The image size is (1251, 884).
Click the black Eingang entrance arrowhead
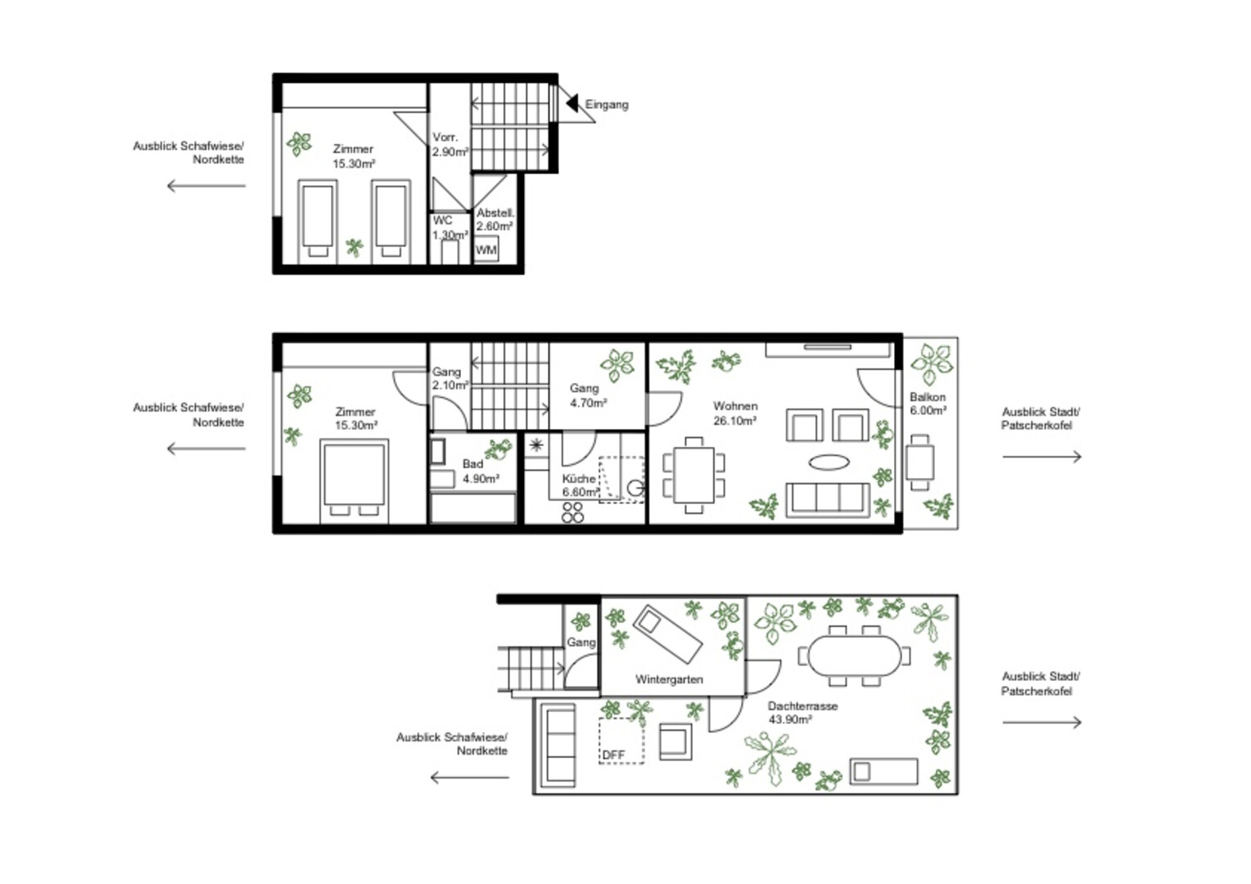click(x=572, y=103)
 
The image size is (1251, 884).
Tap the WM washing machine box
click(x=486, y=249)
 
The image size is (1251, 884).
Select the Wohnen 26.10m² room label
click(x=735, y=413)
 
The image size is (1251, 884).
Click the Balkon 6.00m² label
click(x=928, y=404)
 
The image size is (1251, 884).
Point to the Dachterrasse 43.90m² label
click(x=802, y=713)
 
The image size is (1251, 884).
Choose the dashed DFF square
click(x=621, y=741)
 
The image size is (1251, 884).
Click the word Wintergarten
click(x=669, y=679)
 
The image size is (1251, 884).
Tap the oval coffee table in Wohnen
click(x=829, y=462)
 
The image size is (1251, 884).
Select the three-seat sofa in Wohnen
click(x=828, y=500)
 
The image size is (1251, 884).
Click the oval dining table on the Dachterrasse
click(x=855, y=656)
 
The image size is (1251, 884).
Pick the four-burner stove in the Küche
click(x=572, y=512)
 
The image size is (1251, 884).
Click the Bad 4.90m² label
click(x=481, y=471)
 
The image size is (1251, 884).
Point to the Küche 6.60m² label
click(x=580, y=485)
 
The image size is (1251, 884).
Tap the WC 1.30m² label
click(x=449, y=228)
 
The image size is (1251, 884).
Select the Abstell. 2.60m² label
click(x=495, y=219)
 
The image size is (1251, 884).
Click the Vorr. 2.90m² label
click(x=450, y=144)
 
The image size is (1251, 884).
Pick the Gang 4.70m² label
click(x=588, y=395)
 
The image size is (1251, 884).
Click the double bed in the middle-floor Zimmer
click(x=354, y=480)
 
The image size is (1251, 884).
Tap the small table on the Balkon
click(x=919, y=462)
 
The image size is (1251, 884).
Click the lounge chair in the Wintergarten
click(x=667, y=634)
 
